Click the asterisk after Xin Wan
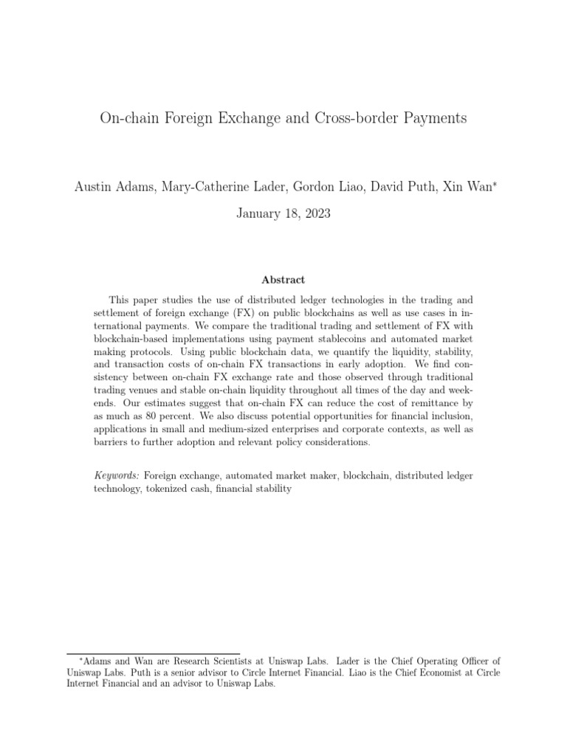(x=495, y=164)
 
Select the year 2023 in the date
(x=316, y=193)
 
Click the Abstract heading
(x=283, y=280)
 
